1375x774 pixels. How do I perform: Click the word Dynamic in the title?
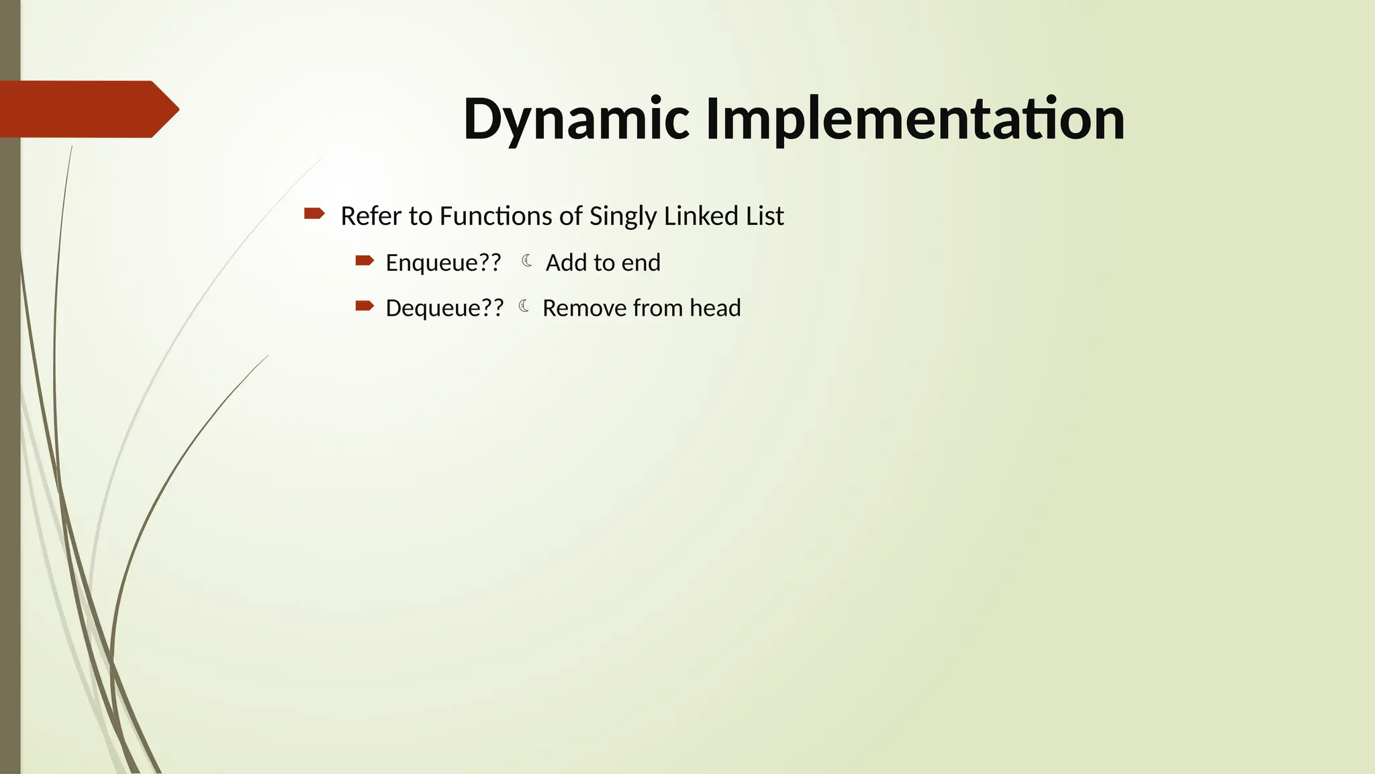pyautogui.click(x=576, y=120)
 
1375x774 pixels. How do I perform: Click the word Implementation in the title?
pyautogui.click(x=914, y=120)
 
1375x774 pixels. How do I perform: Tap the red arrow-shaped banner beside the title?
pyautogui.click(x=87, y=109)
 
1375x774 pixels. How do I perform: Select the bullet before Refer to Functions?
pyautogui.click(x=314, y=214)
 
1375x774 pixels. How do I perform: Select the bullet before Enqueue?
pyautogui.click(x=365, y=260)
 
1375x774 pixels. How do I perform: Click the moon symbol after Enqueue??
pyautogui.click(x=527, y=261)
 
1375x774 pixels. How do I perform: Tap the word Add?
pyautogui.click(x=566, y=263)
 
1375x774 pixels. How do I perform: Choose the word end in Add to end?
pyautogui.click(x=641, y=263)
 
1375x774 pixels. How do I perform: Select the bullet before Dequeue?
pyautogui.click(x=365, y=306)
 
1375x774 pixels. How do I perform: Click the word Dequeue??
pyautogui.click(x=444, y=308)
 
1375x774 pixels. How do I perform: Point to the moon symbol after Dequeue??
pyautogui.click(x=524, y=306)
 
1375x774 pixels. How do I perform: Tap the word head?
pyautogui.click(x=715, y=308)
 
